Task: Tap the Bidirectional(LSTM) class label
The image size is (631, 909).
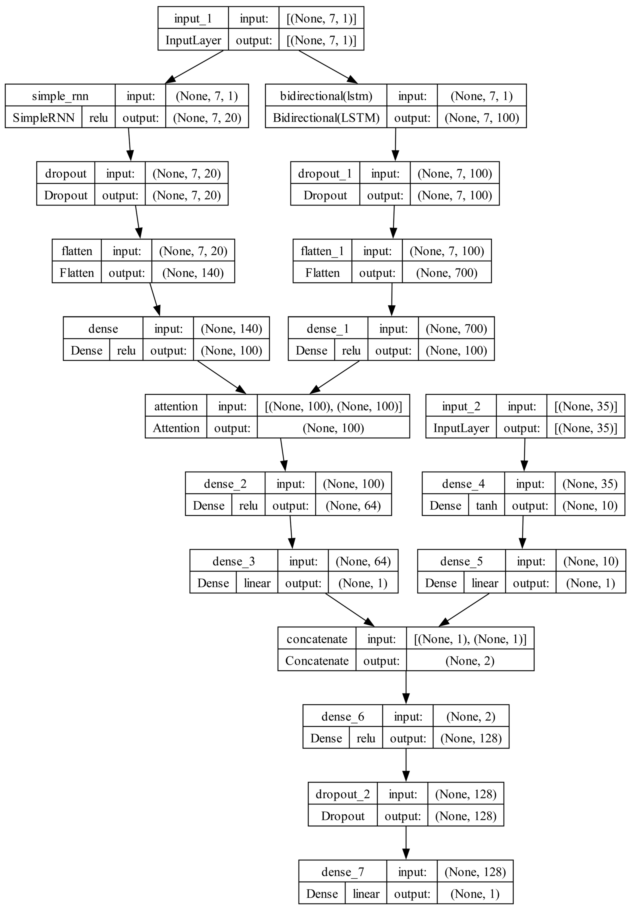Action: tap(326, 118)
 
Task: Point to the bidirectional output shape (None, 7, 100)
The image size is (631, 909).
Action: tap(482, 118)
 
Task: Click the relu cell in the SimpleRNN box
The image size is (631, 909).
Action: tap(98, 118)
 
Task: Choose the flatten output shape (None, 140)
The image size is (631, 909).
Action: tap(193, 273)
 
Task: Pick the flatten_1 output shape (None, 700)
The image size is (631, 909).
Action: tap(446, 273)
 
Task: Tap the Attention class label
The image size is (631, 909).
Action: tap(176, 428)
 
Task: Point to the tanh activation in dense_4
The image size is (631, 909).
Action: tap(486, 506)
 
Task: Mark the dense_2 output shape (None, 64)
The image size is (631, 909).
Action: tap(353, 506)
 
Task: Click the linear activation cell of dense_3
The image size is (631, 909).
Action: tap(257, 583)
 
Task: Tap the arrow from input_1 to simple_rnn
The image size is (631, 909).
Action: tap(195, 67)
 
